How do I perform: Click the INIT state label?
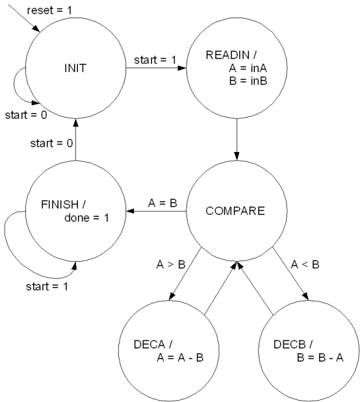(75, 68)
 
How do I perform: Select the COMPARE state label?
(235, 211)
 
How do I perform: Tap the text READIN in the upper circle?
(227, 55)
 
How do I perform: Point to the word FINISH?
(60, 205)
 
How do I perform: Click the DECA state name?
(149, 344)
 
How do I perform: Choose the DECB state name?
(289, 344)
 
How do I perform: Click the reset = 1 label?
(49, 10)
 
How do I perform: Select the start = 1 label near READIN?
(155, 60)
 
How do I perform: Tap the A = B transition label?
(162, 203)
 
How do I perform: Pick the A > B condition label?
(171, 264)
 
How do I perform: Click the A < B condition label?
(305, 264)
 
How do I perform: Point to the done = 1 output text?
(86, 218)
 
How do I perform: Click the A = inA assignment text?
(248, 68)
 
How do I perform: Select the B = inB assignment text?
(248, 81)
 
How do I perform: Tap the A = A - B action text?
(180, 358)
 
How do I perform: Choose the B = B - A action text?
(320, 358)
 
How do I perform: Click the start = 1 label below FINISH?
(47, 286)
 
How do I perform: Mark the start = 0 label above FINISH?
(51, 143)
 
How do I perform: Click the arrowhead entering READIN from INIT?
(182, 68)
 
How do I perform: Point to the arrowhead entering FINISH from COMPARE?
(131, 211)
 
